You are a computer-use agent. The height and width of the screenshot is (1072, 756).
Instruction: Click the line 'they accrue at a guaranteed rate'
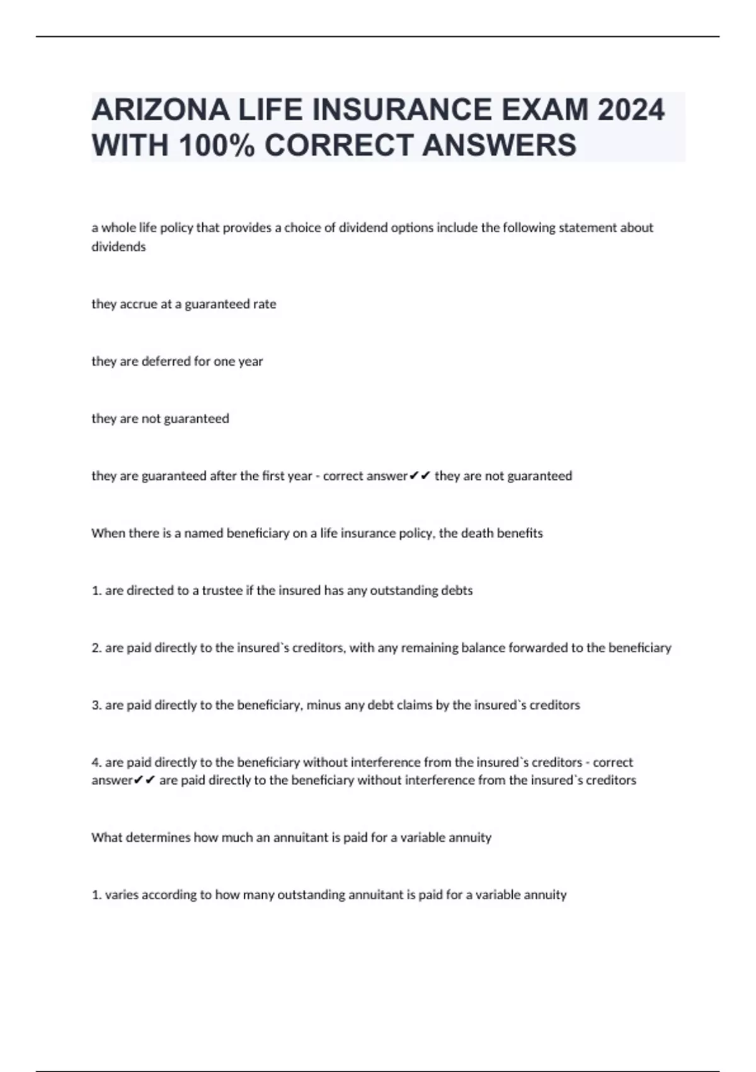[x=184, y=304]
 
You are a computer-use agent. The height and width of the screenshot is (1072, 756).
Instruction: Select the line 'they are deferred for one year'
[x=177, y=361]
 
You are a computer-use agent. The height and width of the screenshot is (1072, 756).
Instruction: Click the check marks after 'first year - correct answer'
[x=420, y=475]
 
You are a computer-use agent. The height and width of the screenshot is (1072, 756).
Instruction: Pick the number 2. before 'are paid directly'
[x=96, y=648]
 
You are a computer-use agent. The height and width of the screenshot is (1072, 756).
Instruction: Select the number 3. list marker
[x=96, y=705]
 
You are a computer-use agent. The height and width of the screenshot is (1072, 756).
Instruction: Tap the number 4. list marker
[x=96, y=762]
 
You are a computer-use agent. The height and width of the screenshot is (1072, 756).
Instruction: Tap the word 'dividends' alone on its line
[x=118, y=247]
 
